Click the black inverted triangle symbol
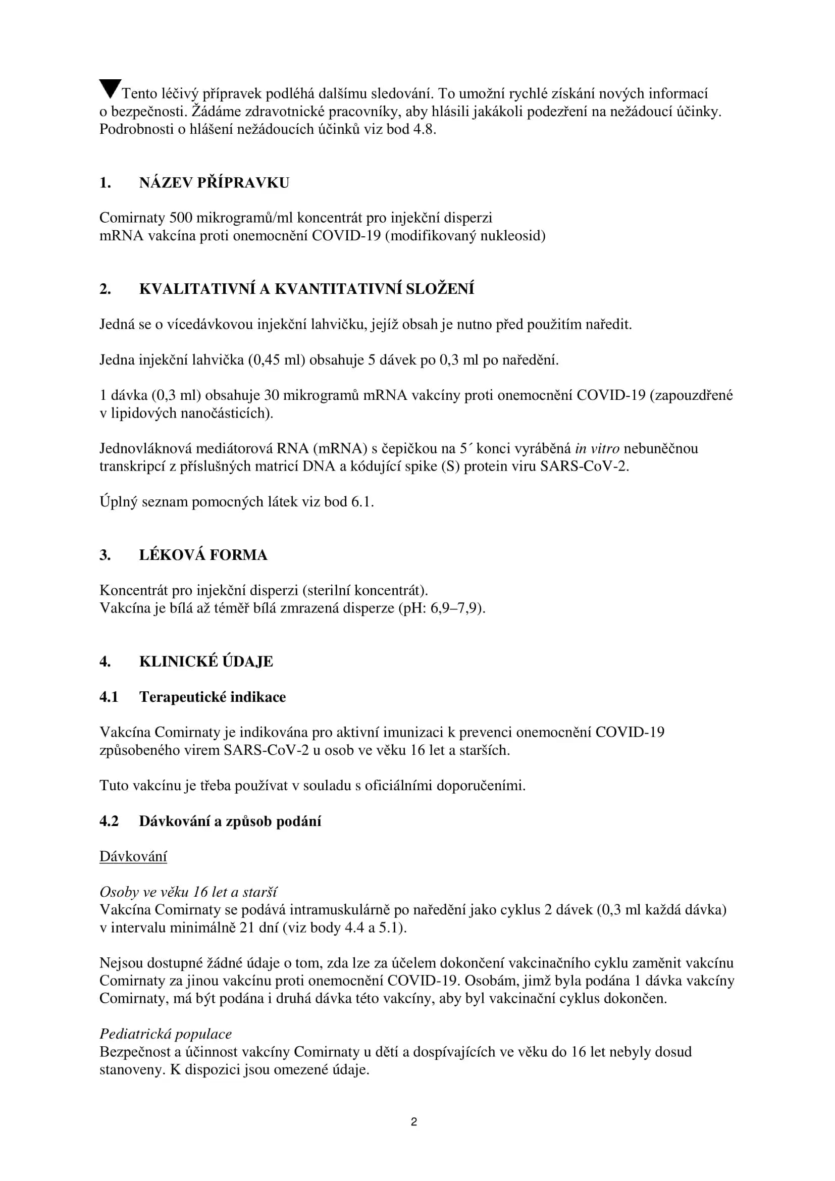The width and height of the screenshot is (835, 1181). [110, 88]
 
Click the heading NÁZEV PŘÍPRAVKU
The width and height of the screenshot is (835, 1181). [214, 183]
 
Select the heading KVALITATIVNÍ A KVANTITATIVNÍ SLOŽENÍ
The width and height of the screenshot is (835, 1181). [306, 289]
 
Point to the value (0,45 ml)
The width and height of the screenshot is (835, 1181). [277, 360]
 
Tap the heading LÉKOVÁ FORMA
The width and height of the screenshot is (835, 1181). [203, 555]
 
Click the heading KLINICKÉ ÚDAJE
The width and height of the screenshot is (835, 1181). [205, 661]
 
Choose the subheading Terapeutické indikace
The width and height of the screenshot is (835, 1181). [213, 697]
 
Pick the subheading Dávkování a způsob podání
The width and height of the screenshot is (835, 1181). [230, 821]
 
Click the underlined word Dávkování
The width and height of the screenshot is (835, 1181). [133, 856]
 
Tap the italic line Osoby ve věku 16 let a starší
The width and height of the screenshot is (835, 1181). [188, 892]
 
